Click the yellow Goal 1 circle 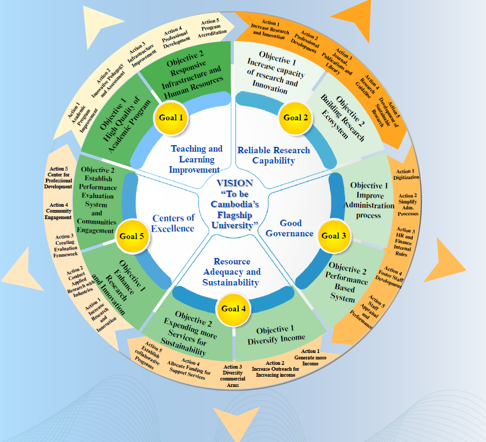(x=171, y=117)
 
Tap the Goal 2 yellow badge (x=293, y=117)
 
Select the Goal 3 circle (x=334, y=235)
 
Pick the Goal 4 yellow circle (x=234, y=308)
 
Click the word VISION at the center (x=234, y=183)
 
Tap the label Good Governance (x=290, y=228)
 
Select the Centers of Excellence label (x=173, y=223)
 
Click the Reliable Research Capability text (x=274, y=155)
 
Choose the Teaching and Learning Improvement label (x=196, y=159)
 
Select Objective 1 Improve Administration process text (x=368, y=200)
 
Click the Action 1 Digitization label (x=406, y=174)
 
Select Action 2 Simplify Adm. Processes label (x=408, y=205)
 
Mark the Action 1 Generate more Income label (x=310, y=357)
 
